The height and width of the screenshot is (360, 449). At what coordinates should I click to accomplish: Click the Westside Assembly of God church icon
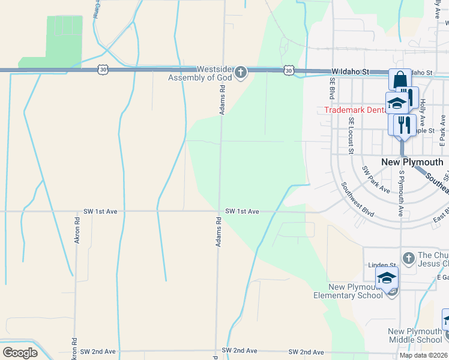[240, 73]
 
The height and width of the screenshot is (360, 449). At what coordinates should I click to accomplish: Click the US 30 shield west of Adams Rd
[104, 71]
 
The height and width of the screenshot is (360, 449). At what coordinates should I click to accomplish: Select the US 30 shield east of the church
[289, 71]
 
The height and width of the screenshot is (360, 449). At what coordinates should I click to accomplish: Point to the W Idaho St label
[350, 72]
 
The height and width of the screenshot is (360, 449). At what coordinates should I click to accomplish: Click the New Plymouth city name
[412, 162]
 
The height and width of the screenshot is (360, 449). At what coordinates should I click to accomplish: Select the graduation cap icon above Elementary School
[387, 277]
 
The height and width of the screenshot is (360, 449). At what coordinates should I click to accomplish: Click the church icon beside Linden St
[408, 258]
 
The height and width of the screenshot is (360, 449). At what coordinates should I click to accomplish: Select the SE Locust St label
[351, 135]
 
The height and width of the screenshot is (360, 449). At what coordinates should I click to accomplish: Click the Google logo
[20, 353]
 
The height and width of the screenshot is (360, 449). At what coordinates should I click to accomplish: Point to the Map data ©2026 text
[423, 355]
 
